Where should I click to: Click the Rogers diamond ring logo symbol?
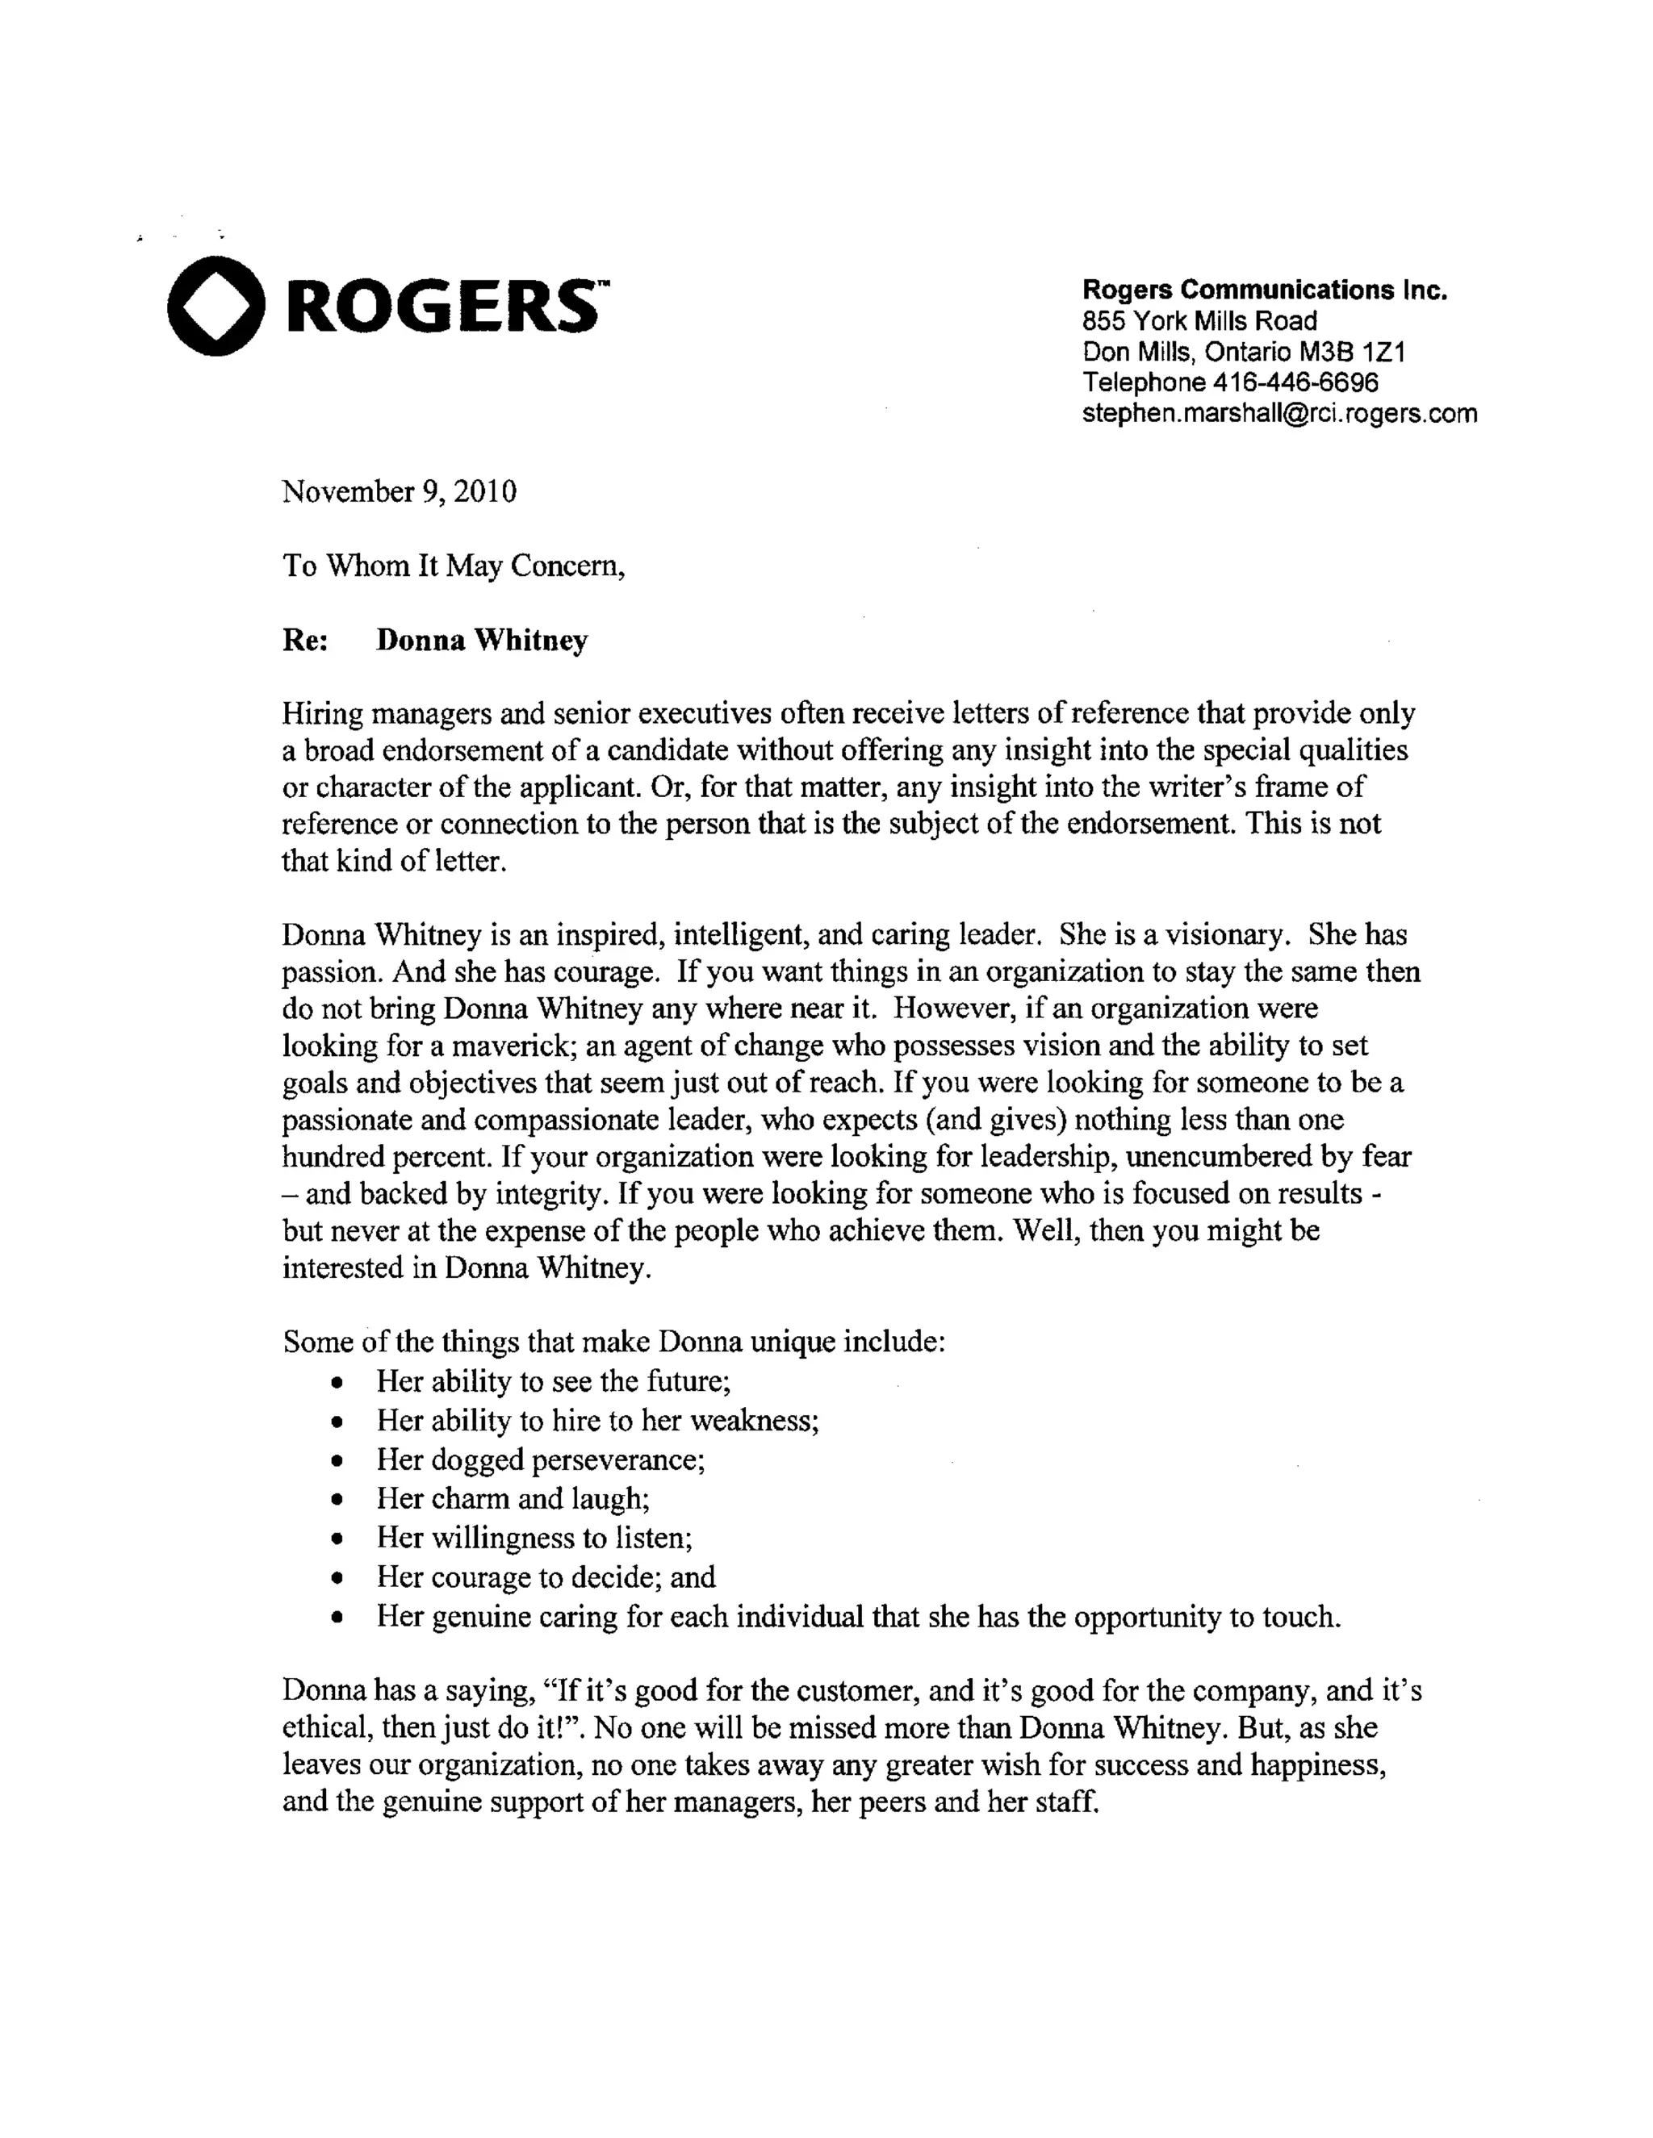tap(216, 306)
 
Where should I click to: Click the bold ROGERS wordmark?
tap(441, 307)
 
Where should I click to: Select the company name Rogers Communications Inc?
tap(1264, 290)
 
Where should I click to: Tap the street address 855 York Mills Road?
tap(1199, 321)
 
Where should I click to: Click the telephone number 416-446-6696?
tap(1295, 382)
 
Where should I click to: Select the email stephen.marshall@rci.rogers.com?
tap(1279, 413)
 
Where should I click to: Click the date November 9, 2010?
tap(400, 491)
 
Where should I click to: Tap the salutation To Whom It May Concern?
tap(454, 566)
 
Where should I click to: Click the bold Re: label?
tap(307, 641)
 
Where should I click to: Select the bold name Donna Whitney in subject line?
tap(483, 641)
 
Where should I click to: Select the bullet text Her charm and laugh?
tap(513, 1500)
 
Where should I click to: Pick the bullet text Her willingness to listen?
tap(534, 1539)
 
